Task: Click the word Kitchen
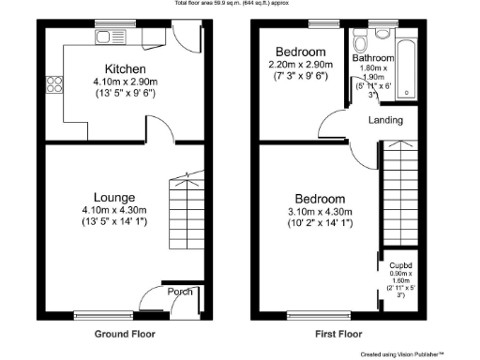(124, 69)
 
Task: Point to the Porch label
(180, 292)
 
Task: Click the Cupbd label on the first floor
(402, 266)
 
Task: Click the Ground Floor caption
(125, 334)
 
